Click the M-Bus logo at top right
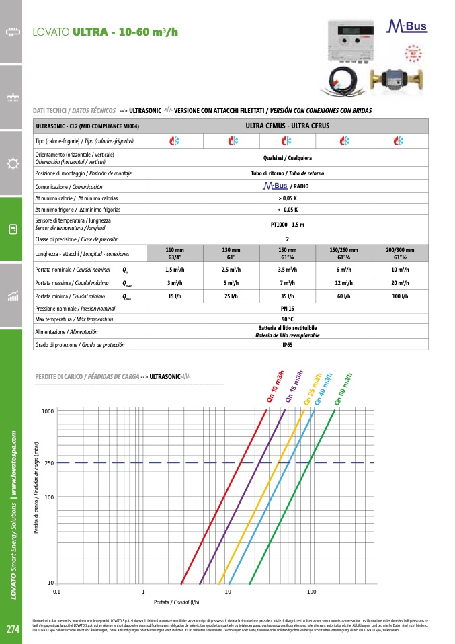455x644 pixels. (x=408, y=28)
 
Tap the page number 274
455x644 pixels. (x=12, y=629)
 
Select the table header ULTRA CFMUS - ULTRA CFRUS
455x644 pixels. (x=287, y=126)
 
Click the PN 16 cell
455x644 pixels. (x=287, y=307)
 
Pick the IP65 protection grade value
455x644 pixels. (x=287, y=344)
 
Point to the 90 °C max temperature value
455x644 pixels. (x=287, y=319)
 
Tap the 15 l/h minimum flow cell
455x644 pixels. (x=175, y=296)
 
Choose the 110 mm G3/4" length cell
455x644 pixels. (x=175, y=253)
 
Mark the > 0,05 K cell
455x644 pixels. (x=287, y=198)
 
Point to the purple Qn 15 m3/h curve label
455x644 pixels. (x=294, y=387)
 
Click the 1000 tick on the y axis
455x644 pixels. (x=46, y=411)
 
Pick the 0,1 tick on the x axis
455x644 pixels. (x=56, y=592)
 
